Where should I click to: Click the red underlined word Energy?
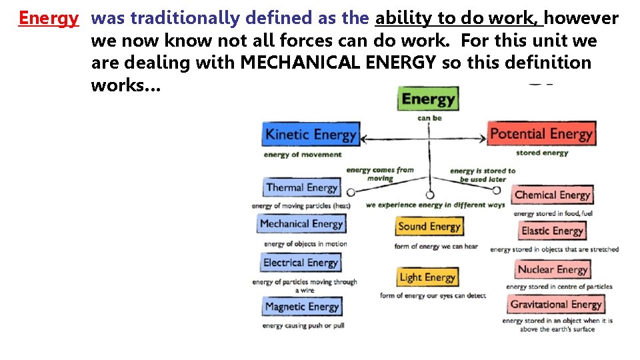coord(48,18)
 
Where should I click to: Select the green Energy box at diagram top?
coord(428,100)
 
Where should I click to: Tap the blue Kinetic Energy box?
coord(311,135)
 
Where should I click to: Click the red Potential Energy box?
coord(541,134)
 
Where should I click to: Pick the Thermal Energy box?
coord(302,188)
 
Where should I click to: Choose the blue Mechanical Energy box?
coord(301,224)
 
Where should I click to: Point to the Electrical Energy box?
coord(301,263)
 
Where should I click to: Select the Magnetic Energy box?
coord(302,307)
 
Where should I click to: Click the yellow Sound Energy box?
coord(429,227)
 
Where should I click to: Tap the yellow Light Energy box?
coord(427,277)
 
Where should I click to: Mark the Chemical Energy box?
coord(552,195)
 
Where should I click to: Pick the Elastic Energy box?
coord(552,231)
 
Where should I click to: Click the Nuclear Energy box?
coord(552,270)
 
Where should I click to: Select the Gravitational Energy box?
coord(556,305)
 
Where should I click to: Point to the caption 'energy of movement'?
coord(303,155)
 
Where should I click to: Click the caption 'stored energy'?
coord(542,153)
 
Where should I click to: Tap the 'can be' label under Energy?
coord(429,119)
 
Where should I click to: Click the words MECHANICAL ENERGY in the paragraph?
coord(338,63)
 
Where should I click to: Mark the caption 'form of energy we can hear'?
coord(436,247)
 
